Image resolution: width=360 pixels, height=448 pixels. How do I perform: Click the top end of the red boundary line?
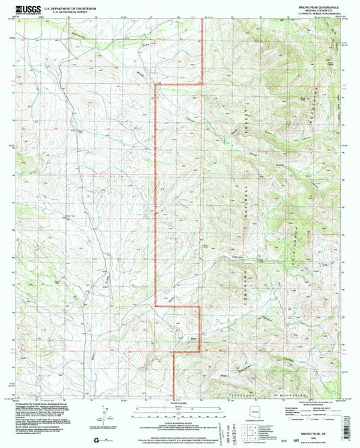pyautogui.click(x=203, y=20)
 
